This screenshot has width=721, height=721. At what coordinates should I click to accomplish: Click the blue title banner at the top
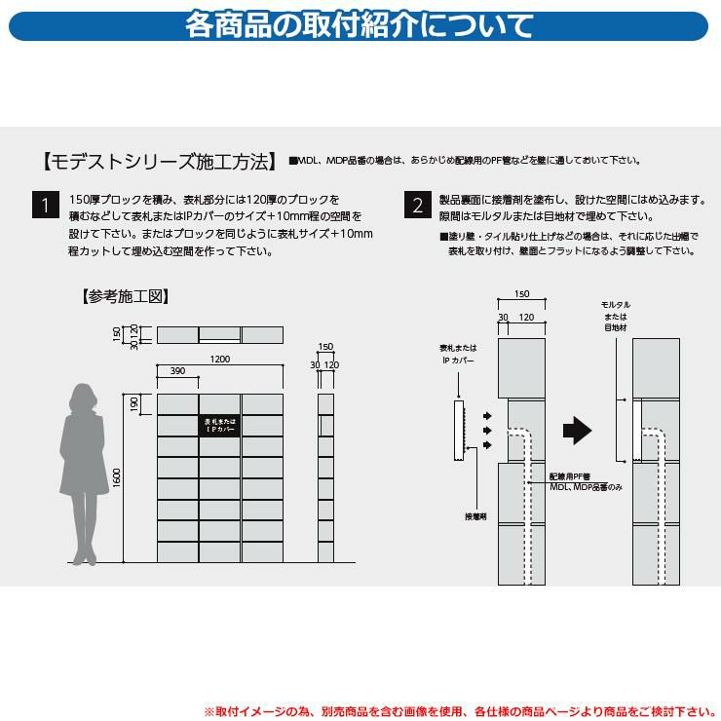pyautogui.click(x=359, y=25)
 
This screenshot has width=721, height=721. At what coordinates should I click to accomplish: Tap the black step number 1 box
pyautogui.click(x=46, y=205)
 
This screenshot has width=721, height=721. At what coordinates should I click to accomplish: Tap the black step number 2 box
pyautogui.click(x=418, y=205)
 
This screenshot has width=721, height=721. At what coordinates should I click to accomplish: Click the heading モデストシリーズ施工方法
pyautogui.click(x=160, y=162)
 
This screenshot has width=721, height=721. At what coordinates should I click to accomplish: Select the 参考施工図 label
pyautogui.click(x=126, y=296)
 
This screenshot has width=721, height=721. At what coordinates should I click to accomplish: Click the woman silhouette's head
pyautogui.click(x=83, y=398)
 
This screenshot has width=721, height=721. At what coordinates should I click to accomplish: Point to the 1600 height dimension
pyautogui.click(x=117, y=478)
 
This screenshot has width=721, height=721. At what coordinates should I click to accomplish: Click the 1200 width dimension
pyautogui.click(x=220, y=360)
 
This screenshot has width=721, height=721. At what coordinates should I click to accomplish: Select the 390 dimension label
pyautogui.click(x=177, y=370)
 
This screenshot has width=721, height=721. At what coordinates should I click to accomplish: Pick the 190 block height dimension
pyautogui.click(x=133, y=404)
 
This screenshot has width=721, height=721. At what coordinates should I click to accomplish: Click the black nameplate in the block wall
pyautogui.click(x=220, y=426)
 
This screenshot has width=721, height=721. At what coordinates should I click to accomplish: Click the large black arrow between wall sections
pyautogui.click(x=577, y=431)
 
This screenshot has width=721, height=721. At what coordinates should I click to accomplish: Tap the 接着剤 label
pyautogui.click(x=475, y=516)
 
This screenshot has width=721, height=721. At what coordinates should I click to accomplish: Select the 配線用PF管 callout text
pyautogui.click(x=570, y=476)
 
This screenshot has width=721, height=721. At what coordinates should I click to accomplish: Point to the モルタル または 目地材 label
pyautogui.click(x=615, y=317)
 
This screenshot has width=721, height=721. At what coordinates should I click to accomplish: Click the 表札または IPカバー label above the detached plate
pyautogui.click(x=458, y=354)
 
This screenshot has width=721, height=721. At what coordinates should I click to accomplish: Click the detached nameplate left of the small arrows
pyautogui.click(x=459, y=431)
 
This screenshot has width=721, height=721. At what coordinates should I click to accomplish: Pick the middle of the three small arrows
pyautogui.click(x=487, y=431)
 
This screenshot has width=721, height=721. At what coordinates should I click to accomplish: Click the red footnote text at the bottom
pyautogui.click(x=460, y=711)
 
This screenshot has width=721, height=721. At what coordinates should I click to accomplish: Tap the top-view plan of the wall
pyautogui.click(x=220, y=335)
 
